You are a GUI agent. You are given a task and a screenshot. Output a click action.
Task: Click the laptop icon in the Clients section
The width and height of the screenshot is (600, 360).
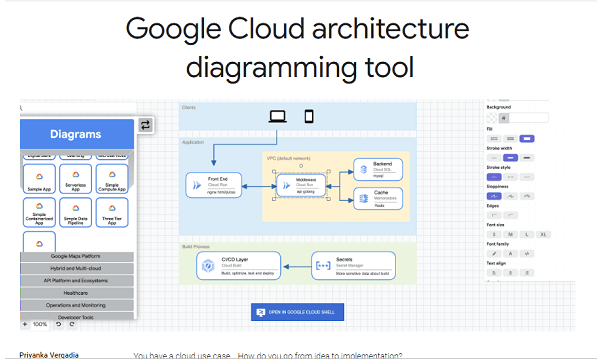coord(278,116)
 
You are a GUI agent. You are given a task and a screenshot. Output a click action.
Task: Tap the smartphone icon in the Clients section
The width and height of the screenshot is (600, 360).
coord(309,116)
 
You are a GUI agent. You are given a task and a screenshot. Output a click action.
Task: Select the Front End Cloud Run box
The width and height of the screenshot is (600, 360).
coord(210,184)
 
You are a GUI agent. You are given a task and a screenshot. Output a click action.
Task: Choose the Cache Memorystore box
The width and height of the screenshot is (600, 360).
coord(377,199)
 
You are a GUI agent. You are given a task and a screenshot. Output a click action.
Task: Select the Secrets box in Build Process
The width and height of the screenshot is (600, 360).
coord(347,265)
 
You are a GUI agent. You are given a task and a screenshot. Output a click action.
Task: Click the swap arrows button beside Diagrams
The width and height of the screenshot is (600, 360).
coord(145,125)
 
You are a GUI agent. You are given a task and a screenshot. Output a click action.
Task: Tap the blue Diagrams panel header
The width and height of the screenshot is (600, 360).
coord(76,133)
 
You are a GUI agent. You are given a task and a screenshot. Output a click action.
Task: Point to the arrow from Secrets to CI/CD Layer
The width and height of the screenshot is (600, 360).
coord(294,265)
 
